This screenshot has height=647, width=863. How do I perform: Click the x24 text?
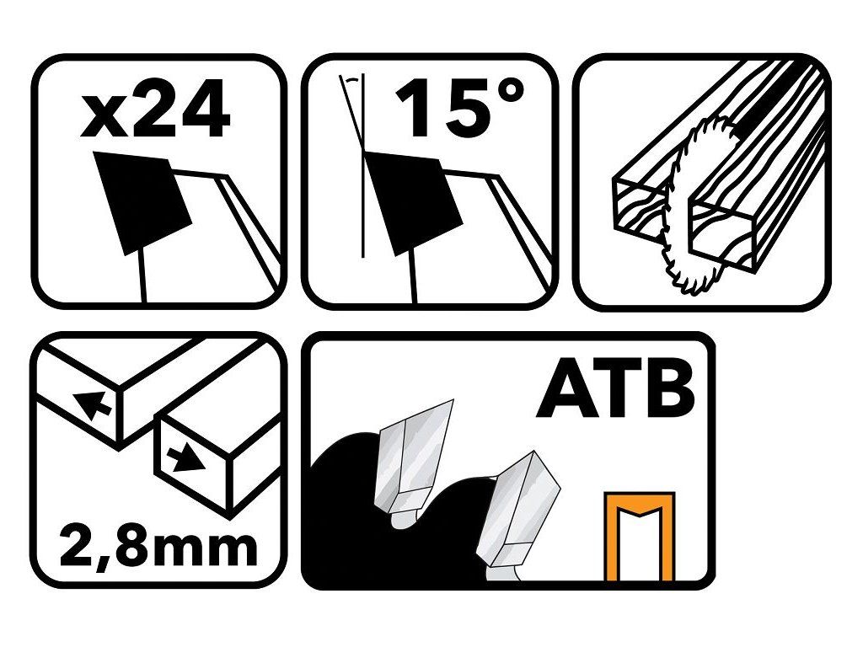coord(155,109)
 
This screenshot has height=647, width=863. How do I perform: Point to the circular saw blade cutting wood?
coord(695,205)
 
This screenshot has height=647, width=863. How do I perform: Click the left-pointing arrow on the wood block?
coord(93,404)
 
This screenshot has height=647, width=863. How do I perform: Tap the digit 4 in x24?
coord(204,109)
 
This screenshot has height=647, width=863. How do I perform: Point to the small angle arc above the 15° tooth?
coord(351,80)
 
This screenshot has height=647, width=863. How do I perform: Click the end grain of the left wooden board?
coord(639,210)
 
